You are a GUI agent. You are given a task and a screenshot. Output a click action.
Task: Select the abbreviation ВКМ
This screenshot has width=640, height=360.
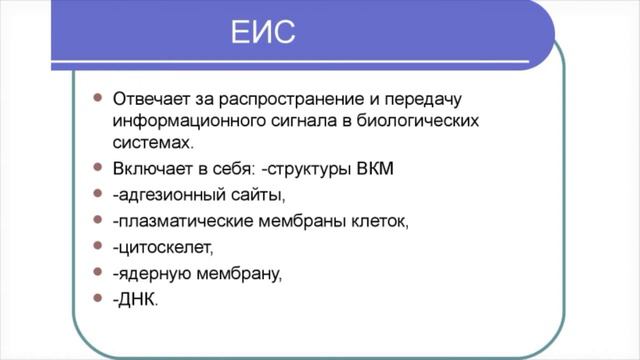376,167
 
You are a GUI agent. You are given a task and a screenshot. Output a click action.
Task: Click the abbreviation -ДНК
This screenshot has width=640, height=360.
135,298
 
